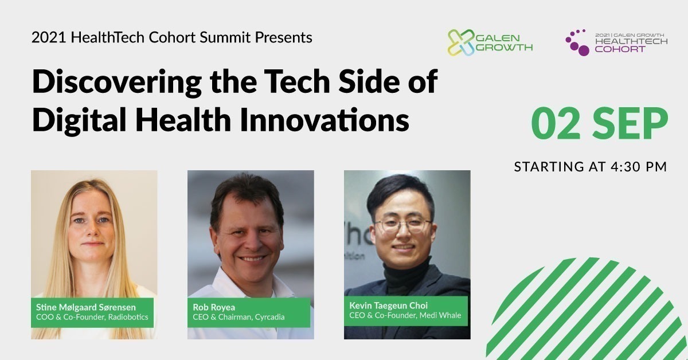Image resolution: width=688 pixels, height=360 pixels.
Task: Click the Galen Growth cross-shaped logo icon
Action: point(461,42)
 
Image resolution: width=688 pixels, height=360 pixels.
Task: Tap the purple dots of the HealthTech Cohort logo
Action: point(577,42)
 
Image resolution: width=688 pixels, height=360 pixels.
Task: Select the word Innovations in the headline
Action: point(325,119)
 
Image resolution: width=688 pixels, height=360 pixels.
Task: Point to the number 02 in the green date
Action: point(556,124)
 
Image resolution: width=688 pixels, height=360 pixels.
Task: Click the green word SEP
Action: point(630,124)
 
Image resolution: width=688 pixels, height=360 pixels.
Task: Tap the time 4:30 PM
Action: point(639,167)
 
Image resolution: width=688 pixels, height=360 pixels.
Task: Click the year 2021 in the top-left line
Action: point(49,37)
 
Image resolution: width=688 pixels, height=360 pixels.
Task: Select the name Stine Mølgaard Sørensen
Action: point(86,307)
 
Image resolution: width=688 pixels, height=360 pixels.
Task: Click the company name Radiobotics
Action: point(128,317)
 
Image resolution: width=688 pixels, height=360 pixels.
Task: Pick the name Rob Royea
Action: point(214,307)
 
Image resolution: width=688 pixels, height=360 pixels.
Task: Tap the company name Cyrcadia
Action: point(269,317)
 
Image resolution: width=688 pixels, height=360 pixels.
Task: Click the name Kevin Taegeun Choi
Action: point(389,306)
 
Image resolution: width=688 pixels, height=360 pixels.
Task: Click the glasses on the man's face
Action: point(403,226)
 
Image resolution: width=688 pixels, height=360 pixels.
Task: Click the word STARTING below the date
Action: point(549,167)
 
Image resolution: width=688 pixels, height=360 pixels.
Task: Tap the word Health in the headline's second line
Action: point(183,119)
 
